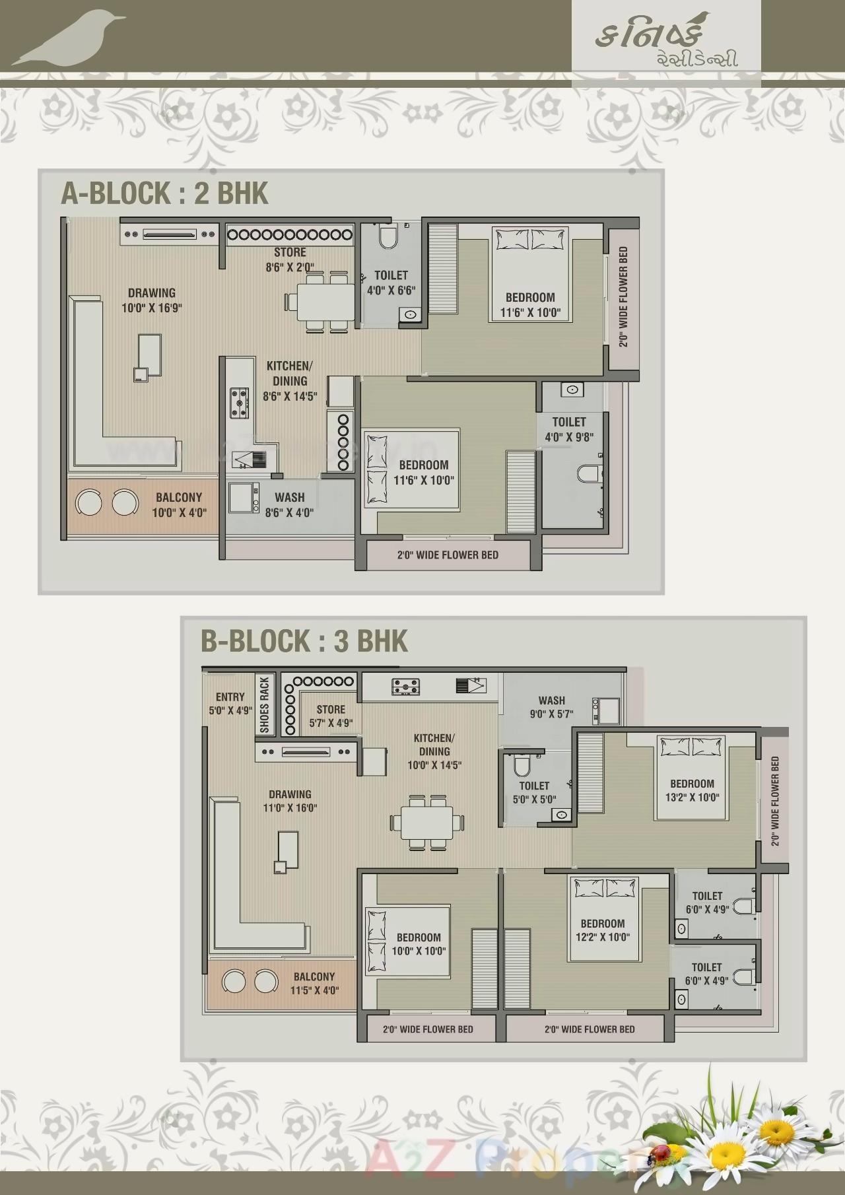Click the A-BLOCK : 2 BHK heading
coord(164,193)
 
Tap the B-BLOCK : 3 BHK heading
coord(304,641)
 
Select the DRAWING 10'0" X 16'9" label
coord(151,300)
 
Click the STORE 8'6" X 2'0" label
coord(290,259)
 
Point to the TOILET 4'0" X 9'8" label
coord(569,429)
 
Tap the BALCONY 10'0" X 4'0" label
coord(179,505)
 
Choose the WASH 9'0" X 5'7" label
coord(551,707)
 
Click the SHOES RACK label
coord(265,704)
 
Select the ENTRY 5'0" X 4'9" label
coord(230,704)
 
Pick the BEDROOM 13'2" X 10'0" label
coord(692,790)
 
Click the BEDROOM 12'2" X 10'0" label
coord(602,930)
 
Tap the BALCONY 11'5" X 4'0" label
coord(314,984)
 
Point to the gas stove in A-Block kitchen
coord(240,403)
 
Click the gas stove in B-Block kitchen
coord(405,687)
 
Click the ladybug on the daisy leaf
coord(657,1153)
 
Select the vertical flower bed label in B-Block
coord(775,802)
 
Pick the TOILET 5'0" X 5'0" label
coord(534,792)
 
